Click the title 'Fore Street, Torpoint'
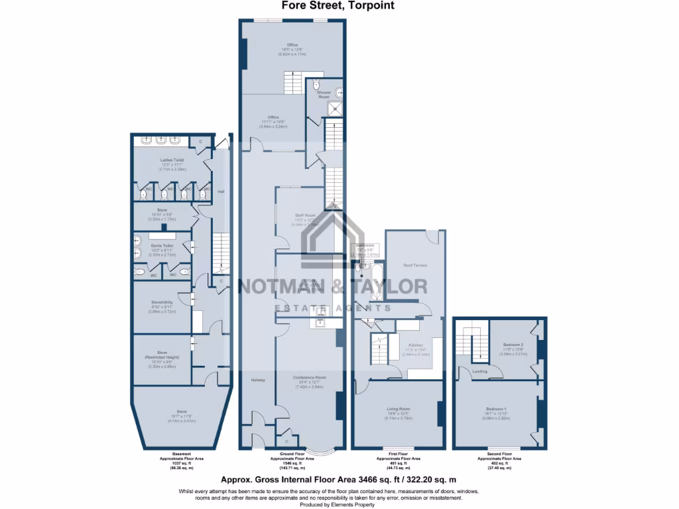point(339,5)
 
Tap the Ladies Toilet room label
point(172,160)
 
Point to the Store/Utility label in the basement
point(162,302)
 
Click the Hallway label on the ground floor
point(258,380)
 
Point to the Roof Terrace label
point(415,265)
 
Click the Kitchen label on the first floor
point(416,346)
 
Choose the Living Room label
point(399,409)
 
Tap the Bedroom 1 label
point(496,409)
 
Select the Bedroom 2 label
point(511,345)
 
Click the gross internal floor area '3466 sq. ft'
point(375,479)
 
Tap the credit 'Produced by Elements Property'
point(339,504)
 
